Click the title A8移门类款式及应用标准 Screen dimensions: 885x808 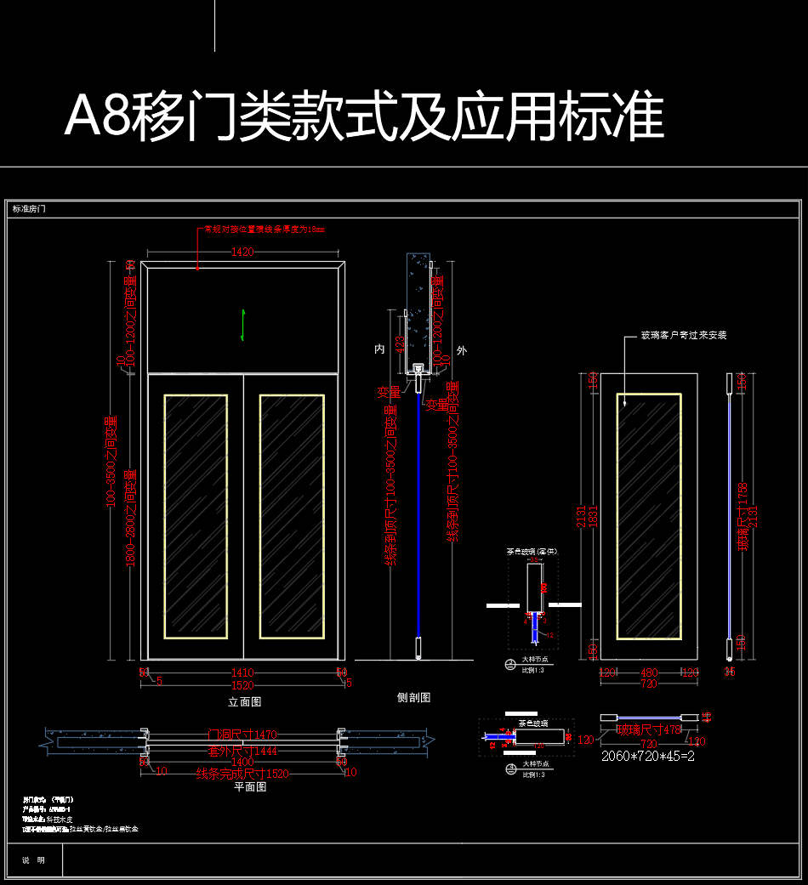click(x=364, y=116)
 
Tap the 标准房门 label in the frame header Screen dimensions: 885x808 click(x=29, y=208)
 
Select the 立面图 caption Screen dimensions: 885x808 click(x=244, y=701)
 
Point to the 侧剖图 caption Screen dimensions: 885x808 click(x=414, y=697)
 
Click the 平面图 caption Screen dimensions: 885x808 click(x=251, y=786)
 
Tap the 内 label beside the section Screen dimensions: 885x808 click(x=380, y=349)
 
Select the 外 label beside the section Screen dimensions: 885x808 click(x=462, y=349)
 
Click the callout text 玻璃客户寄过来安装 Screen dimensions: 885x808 click(x=684, y=335)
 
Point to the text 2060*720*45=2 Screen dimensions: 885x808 click(x=648, y=756)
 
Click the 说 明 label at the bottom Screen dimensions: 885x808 click(x=34, y=860)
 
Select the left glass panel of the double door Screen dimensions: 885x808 click(x=196, y=516)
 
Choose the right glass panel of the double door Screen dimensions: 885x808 click(x=292, y=516)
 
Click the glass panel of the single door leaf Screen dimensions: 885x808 click(x=648, y=516)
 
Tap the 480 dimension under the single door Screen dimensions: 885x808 click(x=649, y=672)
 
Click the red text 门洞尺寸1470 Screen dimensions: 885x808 click(x=243, y=734)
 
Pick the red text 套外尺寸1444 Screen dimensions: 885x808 click(x=243, y=751)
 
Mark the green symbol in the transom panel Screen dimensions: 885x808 click(x=243, y=323)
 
